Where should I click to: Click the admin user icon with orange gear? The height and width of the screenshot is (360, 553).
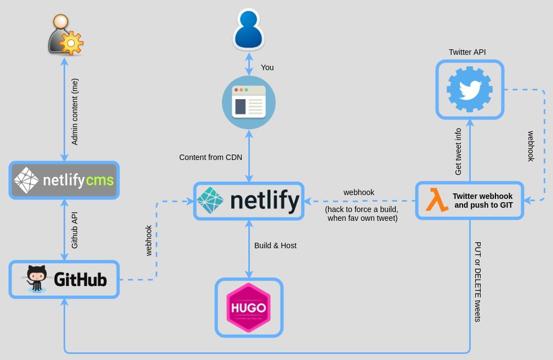65,35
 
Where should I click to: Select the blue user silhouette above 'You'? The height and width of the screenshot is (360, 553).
249,31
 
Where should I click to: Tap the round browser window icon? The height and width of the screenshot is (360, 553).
249,102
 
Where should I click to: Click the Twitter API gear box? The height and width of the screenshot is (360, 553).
470,89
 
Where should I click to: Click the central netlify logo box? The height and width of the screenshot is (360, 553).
249,201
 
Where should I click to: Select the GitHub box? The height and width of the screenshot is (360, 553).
65,279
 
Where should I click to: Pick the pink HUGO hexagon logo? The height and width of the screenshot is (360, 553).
249,307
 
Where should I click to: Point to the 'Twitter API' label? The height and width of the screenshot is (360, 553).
467,52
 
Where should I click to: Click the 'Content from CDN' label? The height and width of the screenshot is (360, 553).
210,157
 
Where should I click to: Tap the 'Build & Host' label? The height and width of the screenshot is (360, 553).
275,245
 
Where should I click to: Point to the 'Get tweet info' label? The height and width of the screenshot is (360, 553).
459,152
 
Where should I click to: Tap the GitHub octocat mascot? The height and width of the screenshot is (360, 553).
37,279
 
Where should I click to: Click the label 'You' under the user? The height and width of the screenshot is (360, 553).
267,67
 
